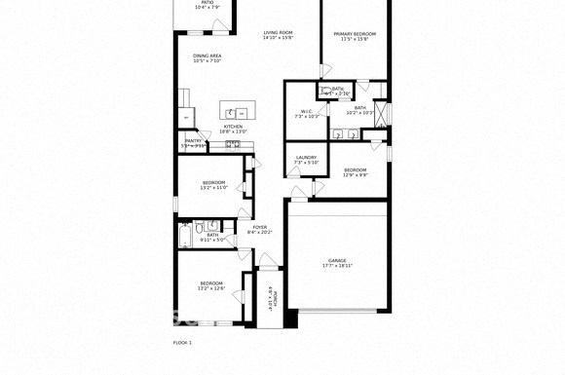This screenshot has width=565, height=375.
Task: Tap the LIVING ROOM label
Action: [x=278, y=33]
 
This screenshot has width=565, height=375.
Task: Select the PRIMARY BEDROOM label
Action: [x=355, y=33]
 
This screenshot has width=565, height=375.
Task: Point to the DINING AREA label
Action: [x=207, y=56]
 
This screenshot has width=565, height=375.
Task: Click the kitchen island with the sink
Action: [x=234, y=109]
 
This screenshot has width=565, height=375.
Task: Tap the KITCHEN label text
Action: [x=233, y=127]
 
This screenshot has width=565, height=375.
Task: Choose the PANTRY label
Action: [x=194, y=140]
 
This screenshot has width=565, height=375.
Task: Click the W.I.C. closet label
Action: [x=306, y=111]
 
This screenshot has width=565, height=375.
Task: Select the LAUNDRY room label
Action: [x=306, y=157]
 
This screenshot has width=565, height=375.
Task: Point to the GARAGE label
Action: [x=337, y=260]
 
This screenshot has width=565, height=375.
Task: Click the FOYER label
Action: [x=259, y=227]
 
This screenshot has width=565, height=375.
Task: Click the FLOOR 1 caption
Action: [x=182, y=343]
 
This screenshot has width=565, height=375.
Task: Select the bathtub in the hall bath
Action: [x=185, y=235]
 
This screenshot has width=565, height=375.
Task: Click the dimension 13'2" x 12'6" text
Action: [x=211, y=289]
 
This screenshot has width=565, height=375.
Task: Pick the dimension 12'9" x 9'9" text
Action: [x=356, y=175]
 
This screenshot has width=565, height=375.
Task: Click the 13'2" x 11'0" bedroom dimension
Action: [x=213, y=188]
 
